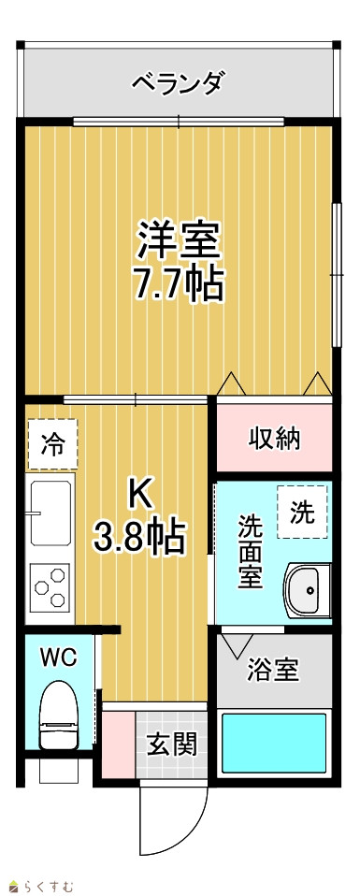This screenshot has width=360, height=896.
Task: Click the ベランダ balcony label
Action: coord(177,84)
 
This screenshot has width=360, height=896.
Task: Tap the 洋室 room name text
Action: coord(179,240)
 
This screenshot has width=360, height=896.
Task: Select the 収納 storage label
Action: coord(274,439)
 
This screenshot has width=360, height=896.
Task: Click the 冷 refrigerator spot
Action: coord(52,444)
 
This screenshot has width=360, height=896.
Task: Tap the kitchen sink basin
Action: coord(50,513)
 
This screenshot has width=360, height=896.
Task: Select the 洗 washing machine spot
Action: coord(302,512)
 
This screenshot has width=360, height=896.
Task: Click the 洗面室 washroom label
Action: coord(251,552)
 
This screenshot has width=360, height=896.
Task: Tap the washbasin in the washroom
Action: coord(308,590)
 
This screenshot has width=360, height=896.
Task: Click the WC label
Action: coord(58,658)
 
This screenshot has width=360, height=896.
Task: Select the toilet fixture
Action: coord(59,716)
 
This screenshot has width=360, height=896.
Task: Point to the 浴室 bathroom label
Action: coord(273,670)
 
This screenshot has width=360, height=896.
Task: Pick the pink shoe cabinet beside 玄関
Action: coord(119,744)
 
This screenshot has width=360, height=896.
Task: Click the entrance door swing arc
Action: coord(195,812)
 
